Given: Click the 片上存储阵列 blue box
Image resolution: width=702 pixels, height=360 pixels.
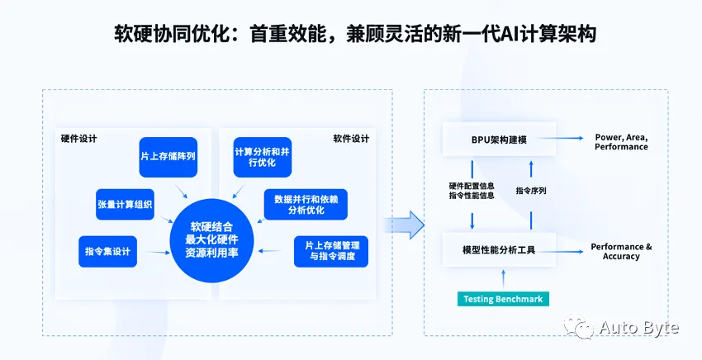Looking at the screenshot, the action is (x=168, y=157).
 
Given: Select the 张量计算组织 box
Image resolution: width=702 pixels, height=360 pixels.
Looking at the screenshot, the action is (x=125, y=204).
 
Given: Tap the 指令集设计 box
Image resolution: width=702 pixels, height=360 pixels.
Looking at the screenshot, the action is (x=107, y=252).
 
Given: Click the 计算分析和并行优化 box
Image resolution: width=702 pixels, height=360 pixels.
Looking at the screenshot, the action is (x=263, y=157).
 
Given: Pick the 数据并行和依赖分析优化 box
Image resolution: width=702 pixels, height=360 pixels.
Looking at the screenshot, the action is (x=306, y=204).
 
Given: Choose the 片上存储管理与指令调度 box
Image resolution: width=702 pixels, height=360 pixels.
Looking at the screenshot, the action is (x=331, y=252).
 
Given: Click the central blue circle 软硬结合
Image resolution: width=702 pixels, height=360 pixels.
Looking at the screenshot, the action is (x=211, y=240).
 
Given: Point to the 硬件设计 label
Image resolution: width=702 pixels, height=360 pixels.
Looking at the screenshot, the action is (x=78, y=139).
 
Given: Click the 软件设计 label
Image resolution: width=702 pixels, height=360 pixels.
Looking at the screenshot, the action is (x=351, y=139).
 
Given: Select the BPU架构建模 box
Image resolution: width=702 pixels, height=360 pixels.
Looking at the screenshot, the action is (x=499, y=140).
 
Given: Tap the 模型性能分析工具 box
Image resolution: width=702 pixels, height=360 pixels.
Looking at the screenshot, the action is (x=499, y=249).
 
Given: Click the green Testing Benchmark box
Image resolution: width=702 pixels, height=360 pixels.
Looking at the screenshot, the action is (x=503, y=299).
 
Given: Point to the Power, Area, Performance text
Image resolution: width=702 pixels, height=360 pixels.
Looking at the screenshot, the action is (x=621, y=142).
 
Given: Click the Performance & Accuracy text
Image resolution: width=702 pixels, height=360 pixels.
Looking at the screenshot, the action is (x=621, y=251).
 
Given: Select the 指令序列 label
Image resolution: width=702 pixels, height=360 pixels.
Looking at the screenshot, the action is (x=531, y=190).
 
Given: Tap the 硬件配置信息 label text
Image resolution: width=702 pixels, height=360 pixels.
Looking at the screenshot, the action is (x=472, y=186).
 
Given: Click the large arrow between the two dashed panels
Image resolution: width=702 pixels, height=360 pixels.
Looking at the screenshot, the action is (x=404, y=225).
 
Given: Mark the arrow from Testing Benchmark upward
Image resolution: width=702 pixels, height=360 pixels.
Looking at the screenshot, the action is (x=503, y=279).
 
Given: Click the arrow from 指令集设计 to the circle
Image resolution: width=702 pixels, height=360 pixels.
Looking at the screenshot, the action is (x=159, y=253).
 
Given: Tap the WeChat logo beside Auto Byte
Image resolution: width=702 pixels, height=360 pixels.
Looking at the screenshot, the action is (x=579, y=326).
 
